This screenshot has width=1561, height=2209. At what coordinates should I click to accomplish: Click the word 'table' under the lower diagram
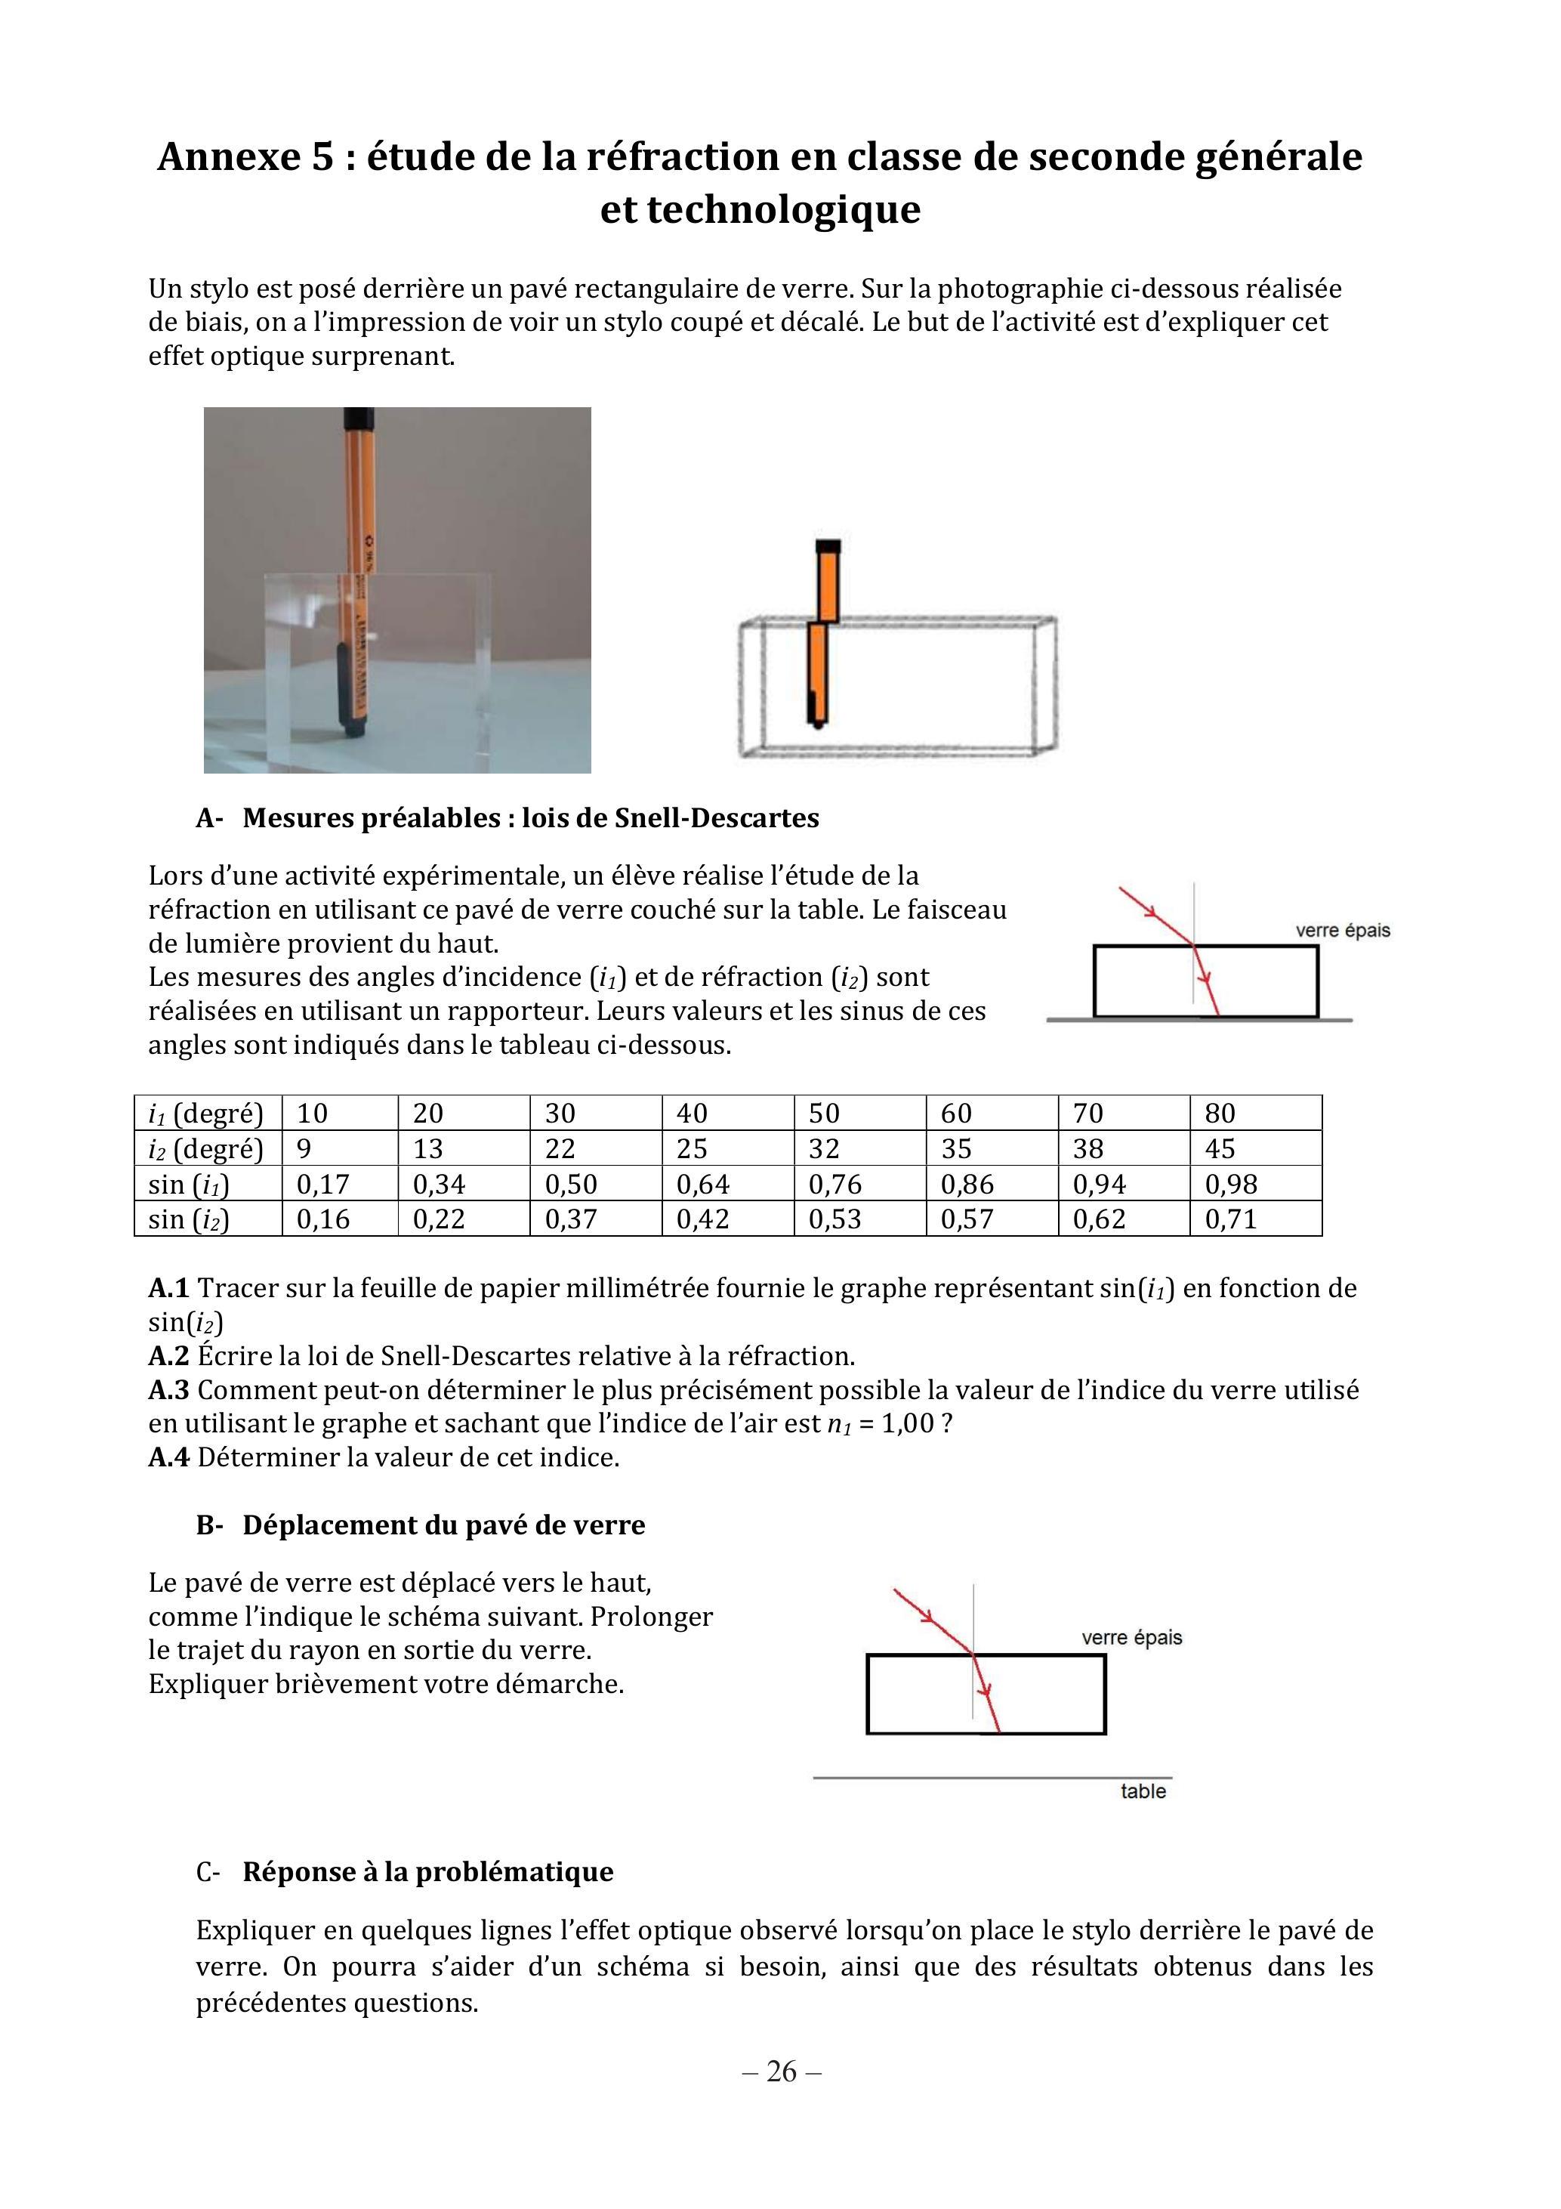1143,1790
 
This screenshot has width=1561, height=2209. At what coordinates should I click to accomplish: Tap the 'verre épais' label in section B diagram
1131,1638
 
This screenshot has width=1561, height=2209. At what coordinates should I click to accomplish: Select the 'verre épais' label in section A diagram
1343,930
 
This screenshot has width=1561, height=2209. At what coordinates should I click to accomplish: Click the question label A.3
168,1389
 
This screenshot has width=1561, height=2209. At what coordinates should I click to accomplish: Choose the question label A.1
168,1287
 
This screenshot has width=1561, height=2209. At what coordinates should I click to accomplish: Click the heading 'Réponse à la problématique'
428,1871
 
